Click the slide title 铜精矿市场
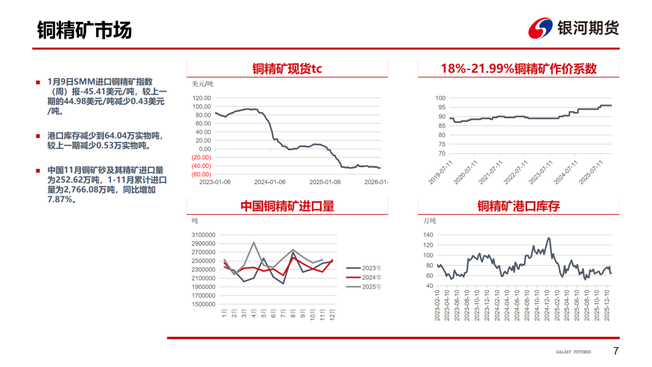[x=85, y=30]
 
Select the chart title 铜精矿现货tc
[x=287, y=69]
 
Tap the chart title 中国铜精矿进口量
[x=287, y=206]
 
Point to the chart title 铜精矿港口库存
[x=518, y=206]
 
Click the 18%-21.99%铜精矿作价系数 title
[x=518, y=69]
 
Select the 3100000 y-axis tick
[x=203, y=235]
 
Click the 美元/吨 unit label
[x=202, y=83]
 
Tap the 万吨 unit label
[x=429, y=221]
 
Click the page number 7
[x=616, y=351]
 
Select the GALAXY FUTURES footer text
[x=574, y=352]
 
